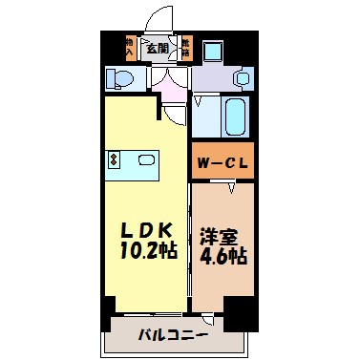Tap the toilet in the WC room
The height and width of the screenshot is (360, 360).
point(122,77)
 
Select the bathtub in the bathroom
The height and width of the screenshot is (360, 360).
point(234,116)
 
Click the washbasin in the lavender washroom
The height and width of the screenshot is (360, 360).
point(242,77)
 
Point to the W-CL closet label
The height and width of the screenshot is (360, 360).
point(225,161)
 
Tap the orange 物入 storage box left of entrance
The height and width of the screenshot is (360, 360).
point(130,47)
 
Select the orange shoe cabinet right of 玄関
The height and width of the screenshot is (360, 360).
point(185,47)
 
